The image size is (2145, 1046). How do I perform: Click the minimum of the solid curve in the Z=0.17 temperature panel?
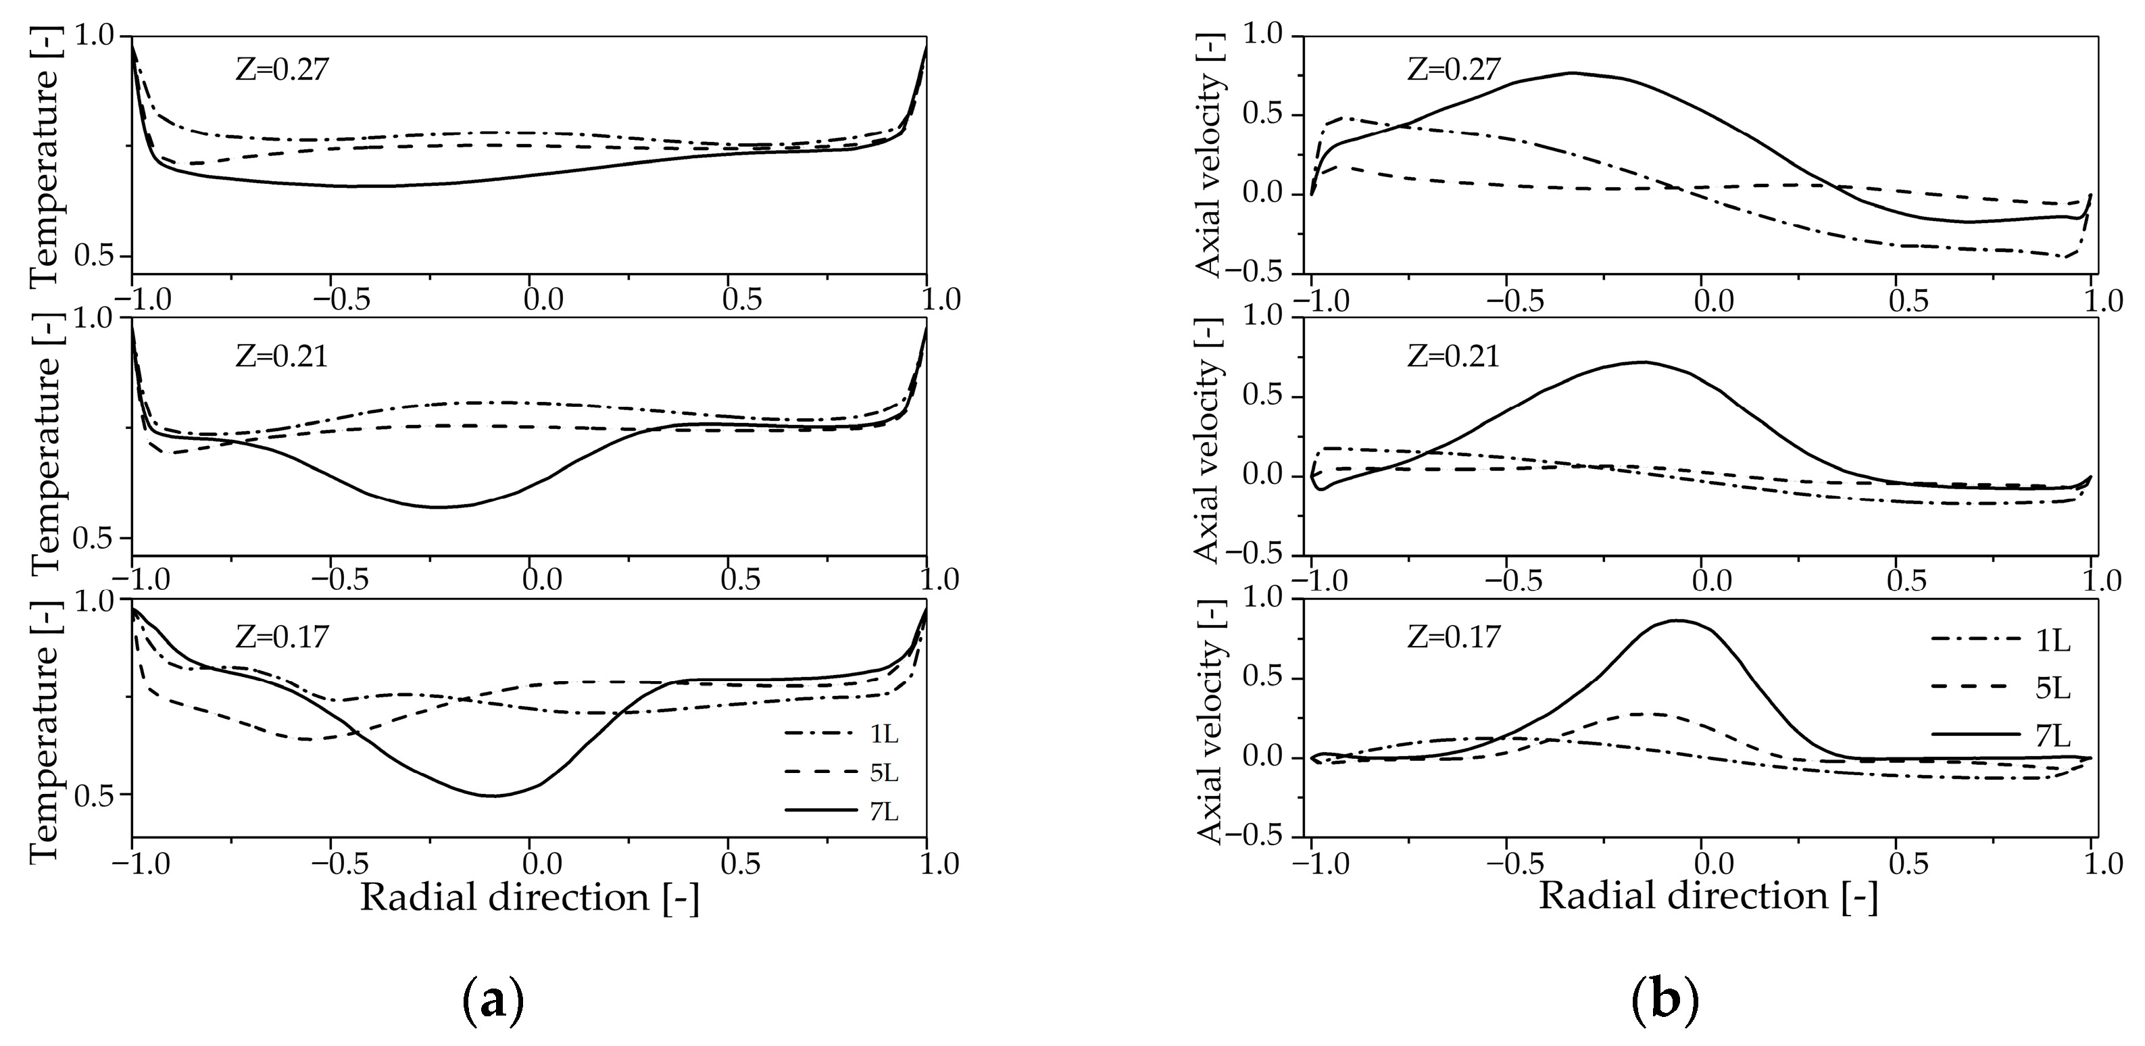(493, 795)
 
